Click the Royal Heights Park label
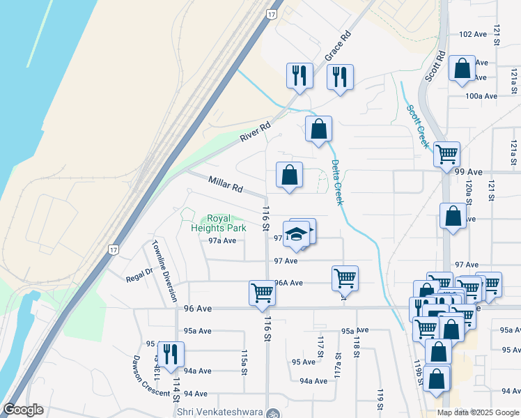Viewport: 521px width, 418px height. pyautogui.click(x=219, y=223)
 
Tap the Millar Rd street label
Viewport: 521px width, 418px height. pyautogui.click(x=225, y=185)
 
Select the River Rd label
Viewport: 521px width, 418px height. pyautogui.click(x=255, y=132)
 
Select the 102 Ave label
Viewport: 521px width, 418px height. pyautogui.click(x=473, y=34)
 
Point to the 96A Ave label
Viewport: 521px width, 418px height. pyautogui.click(x=288, y=283)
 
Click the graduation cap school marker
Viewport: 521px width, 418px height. pyautogui.click(x=297, y=233)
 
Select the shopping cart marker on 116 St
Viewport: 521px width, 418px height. pyautogui.click(x=262, y=293)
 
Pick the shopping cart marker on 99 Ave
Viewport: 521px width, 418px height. pyautogui.click(x=446, y=154)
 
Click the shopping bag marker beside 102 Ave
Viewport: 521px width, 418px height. pyautogui.click(x=462, y=68)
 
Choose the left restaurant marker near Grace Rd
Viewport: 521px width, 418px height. pyautogui.click(x=300, y=76)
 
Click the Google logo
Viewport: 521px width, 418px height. pyautogui.click(x=23, y=410)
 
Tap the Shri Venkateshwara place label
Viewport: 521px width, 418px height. pyautogui.click(x=221, y=412)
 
